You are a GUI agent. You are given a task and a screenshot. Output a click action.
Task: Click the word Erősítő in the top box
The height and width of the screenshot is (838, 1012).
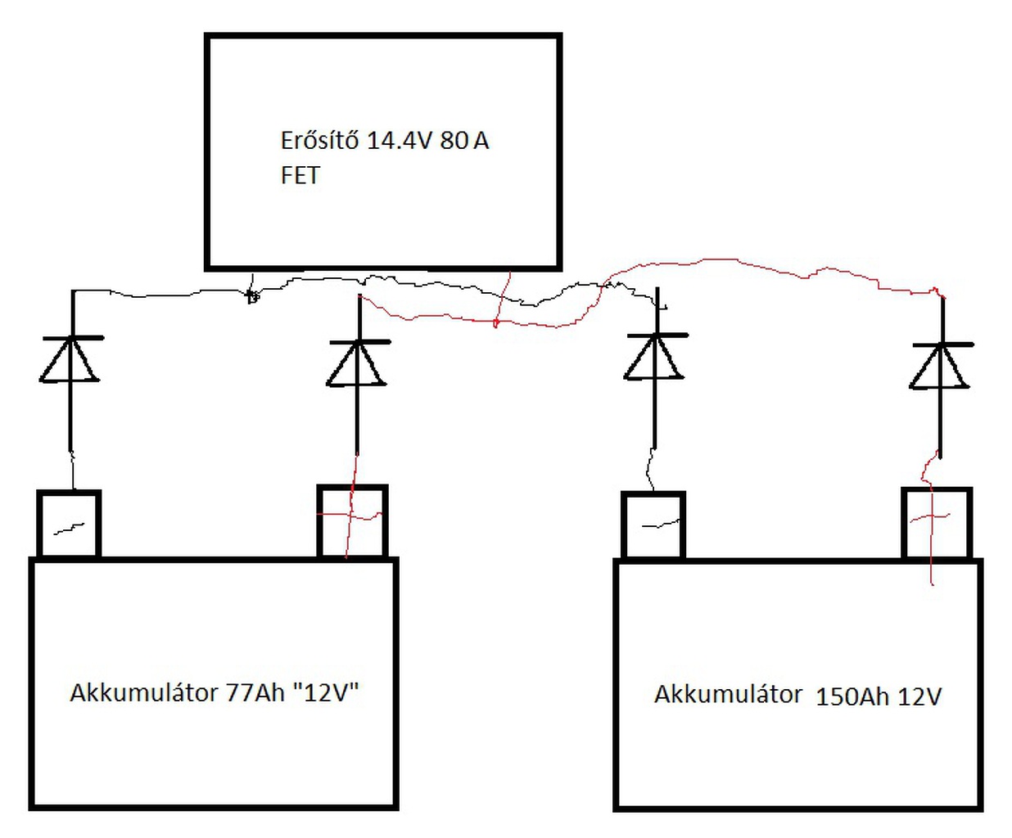point(319,141)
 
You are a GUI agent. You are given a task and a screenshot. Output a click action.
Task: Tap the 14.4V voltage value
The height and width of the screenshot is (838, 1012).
point(400,141)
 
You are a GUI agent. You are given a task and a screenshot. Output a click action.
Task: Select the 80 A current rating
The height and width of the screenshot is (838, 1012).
point(464,141)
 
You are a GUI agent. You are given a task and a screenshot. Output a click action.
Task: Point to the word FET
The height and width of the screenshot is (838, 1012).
point(300,176)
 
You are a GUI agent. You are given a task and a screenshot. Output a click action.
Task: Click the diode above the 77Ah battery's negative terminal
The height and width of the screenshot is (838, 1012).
point(71,359)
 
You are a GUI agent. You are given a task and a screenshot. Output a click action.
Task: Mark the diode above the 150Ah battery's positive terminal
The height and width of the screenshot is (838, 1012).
point(941,366)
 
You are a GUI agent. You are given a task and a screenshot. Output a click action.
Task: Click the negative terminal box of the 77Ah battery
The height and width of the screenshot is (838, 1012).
point(69,524)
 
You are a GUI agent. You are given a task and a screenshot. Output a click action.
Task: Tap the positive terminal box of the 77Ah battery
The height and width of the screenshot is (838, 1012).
point(352,521)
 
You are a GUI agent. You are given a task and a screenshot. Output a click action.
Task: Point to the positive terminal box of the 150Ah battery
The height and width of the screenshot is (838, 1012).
point(937,523)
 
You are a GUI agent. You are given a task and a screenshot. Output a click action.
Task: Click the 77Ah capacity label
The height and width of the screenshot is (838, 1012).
point(255,692)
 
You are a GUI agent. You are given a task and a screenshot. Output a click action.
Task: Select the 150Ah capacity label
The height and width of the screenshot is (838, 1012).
point(852,696)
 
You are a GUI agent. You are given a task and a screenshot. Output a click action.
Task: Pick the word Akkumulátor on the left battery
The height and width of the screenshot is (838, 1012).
point(144,692)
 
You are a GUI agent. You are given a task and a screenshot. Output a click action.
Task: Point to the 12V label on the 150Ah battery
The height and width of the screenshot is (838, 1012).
point(919,696)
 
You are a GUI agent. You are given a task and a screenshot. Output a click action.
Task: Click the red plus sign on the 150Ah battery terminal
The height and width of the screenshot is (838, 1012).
point(930,517)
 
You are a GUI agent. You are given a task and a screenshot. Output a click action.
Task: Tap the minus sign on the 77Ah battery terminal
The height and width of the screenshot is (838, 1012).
point(69,529)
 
